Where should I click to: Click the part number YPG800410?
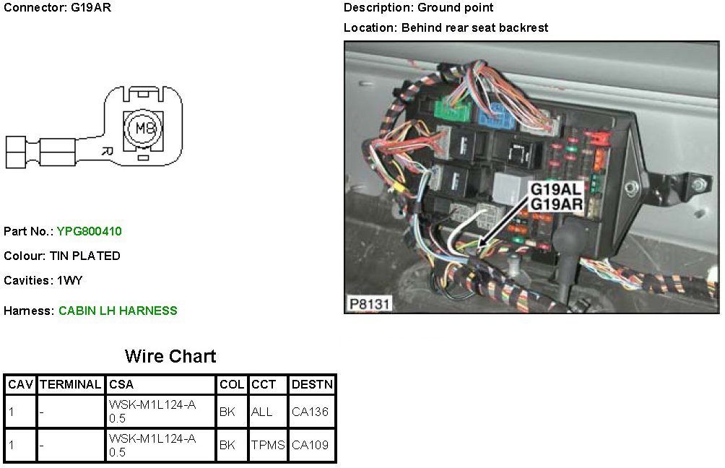(89, 232)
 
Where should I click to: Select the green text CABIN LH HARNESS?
(118, 311)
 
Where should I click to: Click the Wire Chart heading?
(170, 356)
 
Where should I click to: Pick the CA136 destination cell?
(310, 412)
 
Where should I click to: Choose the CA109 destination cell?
(310, 445)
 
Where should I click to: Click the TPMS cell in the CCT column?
(268, 445)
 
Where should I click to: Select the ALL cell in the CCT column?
(261, 412)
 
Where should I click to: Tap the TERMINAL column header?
(70, 385)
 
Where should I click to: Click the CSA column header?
(121, 385)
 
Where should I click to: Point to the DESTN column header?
(312, 385)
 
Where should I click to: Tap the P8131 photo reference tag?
(369, 304)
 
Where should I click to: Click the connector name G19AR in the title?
(92, 8)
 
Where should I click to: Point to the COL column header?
(231, 385)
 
